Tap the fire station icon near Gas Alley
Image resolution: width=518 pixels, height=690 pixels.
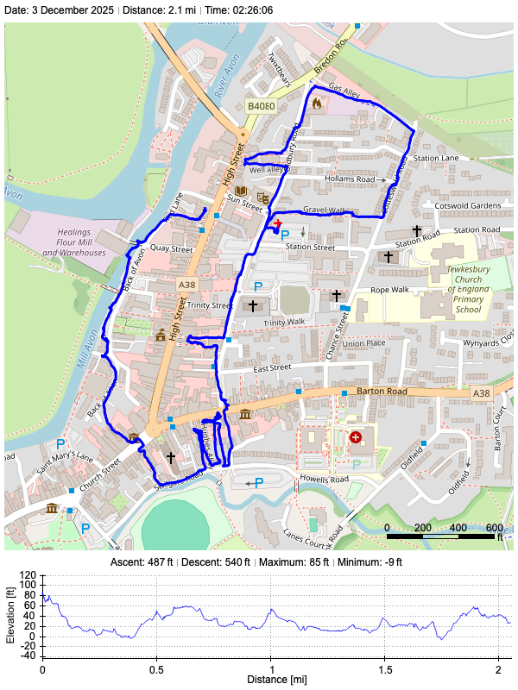(317, 103)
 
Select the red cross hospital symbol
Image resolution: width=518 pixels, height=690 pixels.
(355, 437)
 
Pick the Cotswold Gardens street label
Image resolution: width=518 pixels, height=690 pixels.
(469, 206)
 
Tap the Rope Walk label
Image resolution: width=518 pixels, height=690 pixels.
(389, 290)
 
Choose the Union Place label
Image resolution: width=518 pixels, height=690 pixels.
(363, 343)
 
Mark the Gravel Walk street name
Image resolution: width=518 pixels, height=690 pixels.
(325, 210)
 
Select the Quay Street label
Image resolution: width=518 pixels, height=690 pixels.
(170, 248)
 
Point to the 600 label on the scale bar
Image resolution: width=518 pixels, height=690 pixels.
(495, 527)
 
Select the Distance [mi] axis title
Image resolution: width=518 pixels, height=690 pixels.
(272, 680)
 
